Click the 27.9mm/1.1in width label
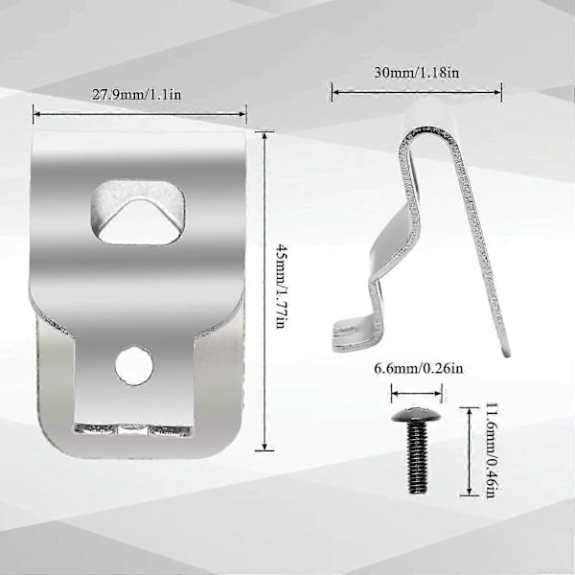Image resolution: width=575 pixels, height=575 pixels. coord(136,95)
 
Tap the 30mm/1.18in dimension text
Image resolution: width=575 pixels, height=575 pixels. coord(417,72)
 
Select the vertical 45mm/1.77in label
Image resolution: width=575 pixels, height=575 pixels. coord(280,287)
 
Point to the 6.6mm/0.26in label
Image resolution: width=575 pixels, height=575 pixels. coord(419,368)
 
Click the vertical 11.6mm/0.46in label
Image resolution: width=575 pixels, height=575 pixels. coord(492,450)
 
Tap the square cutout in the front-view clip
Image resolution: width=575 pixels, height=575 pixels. coord(137,213)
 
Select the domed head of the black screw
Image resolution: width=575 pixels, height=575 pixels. coord(417,415)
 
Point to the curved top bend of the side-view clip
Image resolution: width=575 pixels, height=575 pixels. coord(429,133)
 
